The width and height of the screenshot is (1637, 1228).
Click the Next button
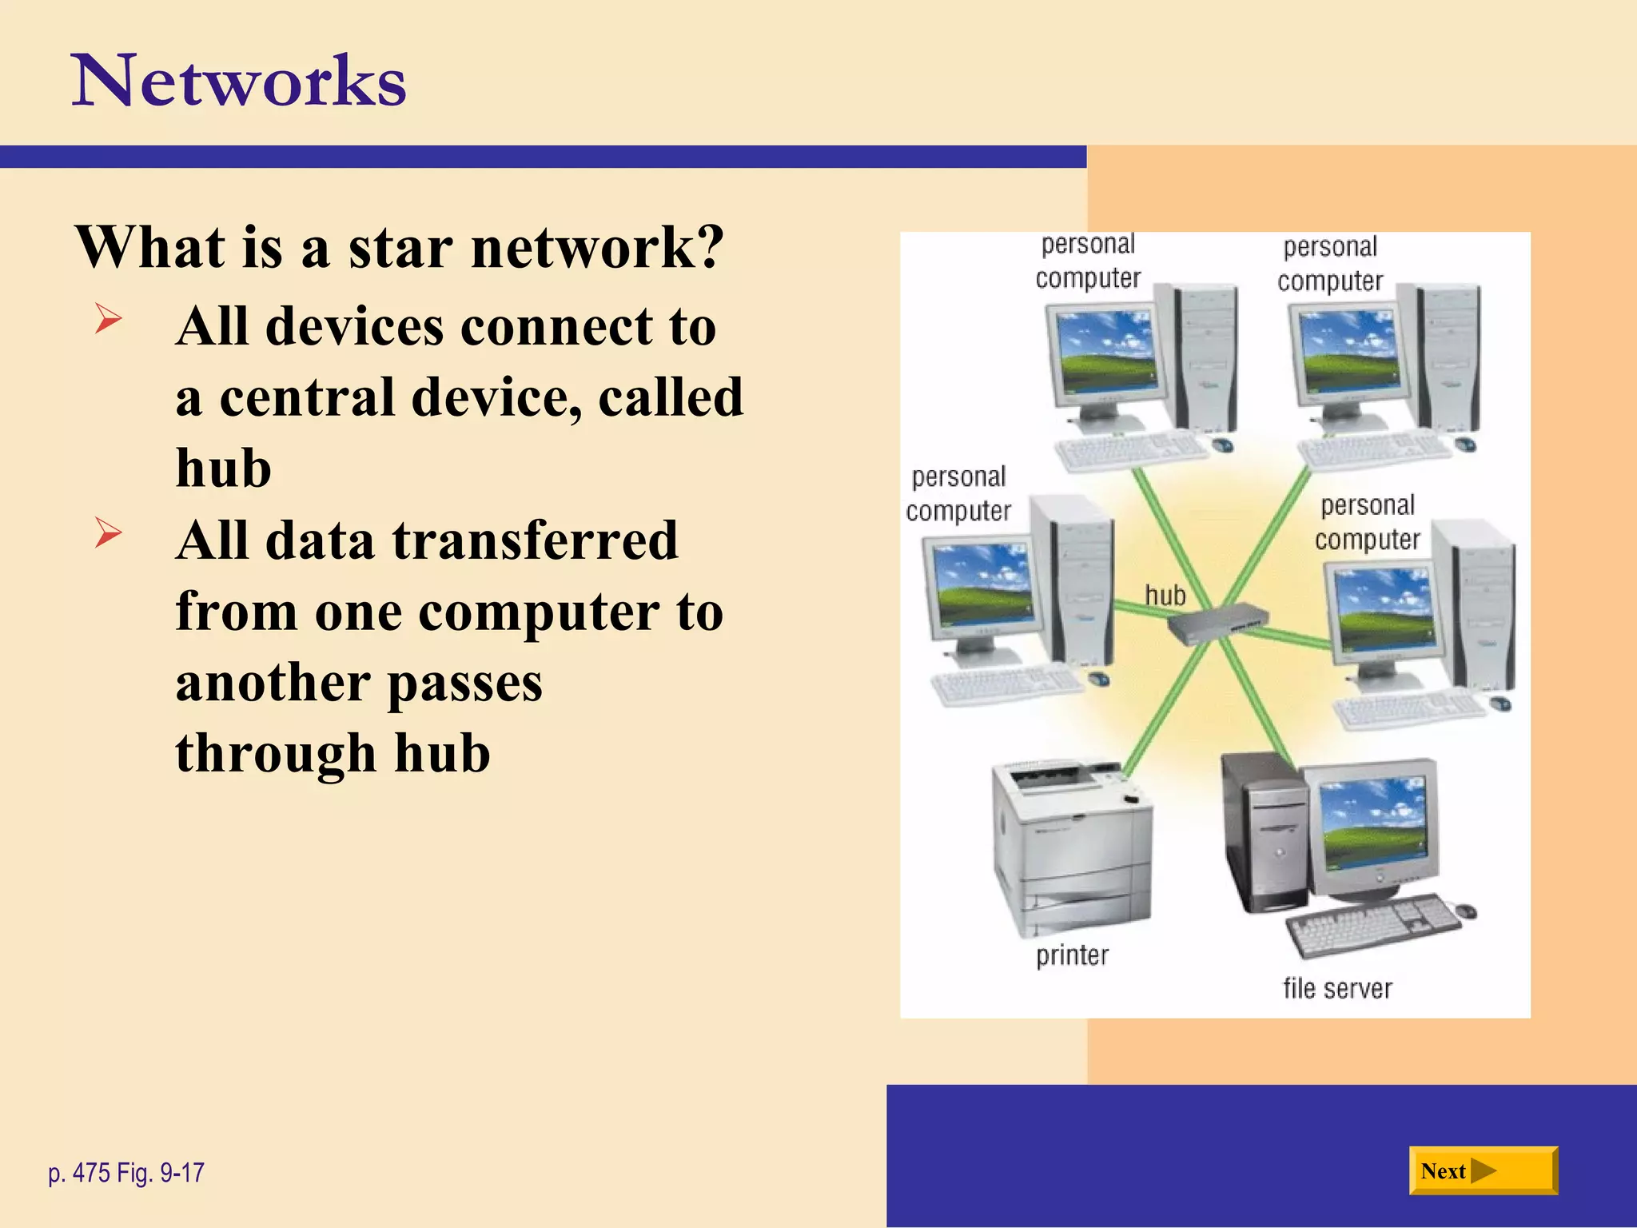[x=1482, y=1171]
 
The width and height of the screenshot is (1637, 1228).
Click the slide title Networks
[x=239, y=82]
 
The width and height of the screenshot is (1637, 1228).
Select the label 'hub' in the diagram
[x=1165, y=596]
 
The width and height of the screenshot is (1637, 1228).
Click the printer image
[x=1071, y=847]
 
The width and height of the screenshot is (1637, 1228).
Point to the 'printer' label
[x=1072, y=955]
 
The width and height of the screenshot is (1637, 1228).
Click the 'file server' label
[x=1337, y=989]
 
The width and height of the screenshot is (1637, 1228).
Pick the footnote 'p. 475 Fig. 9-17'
[x=126, y=1173]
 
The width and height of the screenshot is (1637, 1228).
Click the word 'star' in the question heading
[x=400, y=247]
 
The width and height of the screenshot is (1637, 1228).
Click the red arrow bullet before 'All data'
[x=108, y=532]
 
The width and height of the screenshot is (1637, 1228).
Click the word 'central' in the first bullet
[x=307, y=397]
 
